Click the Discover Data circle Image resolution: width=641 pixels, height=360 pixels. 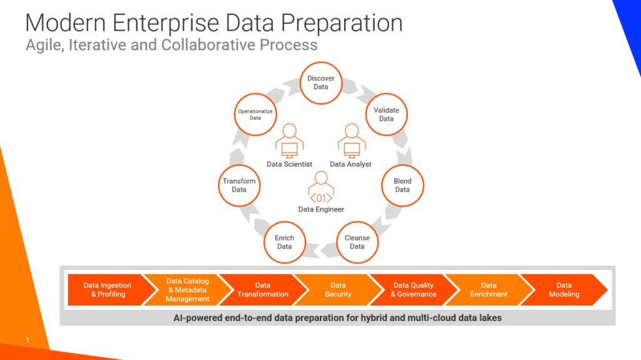[321, 83]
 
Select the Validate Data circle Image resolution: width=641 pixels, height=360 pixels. [386, 115]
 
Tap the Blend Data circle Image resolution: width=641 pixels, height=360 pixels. [403, 185]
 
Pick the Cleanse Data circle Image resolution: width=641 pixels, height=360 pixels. [357, 242]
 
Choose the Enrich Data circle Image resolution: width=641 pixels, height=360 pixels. [285, 242]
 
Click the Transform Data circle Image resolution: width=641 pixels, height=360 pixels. [239, 185]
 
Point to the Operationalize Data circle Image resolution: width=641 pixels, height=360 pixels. [255, 115]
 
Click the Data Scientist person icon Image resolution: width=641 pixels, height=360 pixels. [289, 141]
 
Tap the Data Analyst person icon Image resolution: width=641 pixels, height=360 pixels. [352, 141]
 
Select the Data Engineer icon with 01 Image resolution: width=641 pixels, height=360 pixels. [321, 187]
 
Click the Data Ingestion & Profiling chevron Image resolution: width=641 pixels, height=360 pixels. [108, 290]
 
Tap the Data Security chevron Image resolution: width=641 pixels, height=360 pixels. [338, 290]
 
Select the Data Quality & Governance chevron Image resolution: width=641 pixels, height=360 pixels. [413, 290]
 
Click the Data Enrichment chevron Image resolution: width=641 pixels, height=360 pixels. [488, 290]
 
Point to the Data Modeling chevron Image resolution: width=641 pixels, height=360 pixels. [564, 290]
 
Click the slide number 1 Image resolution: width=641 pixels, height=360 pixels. [28, 340]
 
